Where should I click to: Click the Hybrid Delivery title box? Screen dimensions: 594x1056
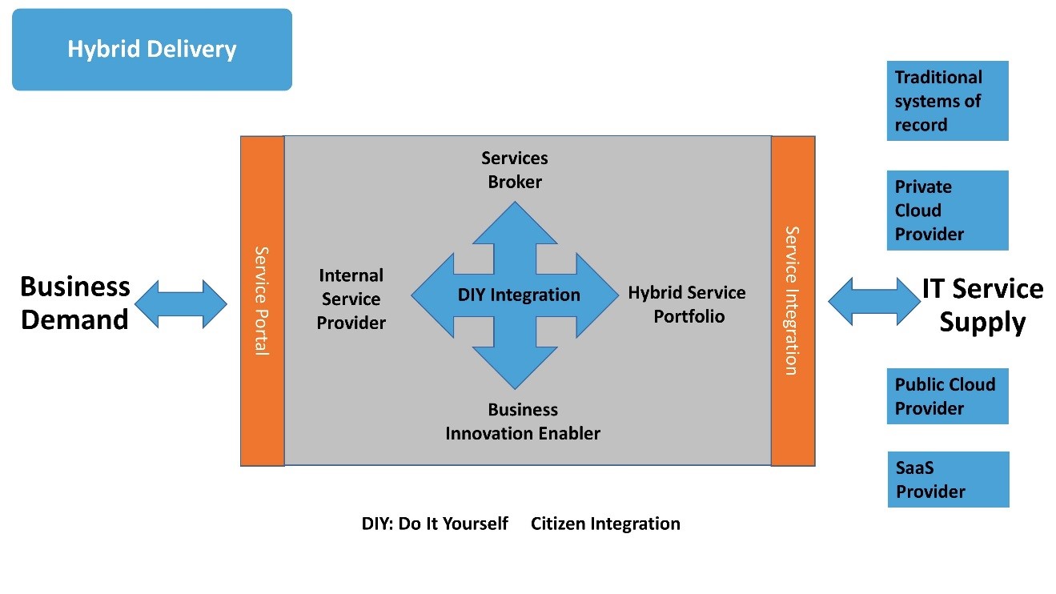coord(152,50)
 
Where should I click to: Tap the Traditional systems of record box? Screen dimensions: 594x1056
coord(947,101)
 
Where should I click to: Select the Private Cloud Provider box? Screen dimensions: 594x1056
coord(947,211)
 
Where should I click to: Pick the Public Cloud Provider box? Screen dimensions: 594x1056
coord(947,396)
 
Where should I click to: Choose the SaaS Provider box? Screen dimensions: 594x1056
coord(948,480)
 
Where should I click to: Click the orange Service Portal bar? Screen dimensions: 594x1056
coord(263,300)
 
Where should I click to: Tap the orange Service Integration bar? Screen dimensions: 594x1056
coord(793,300)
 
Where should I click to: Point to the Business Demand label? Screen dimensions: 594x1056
coord(74,303)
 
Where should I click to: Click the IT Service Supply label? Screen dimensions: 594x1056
coord(982,305)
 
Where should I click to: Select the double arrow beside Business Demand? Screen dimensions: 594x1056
coord(181,303)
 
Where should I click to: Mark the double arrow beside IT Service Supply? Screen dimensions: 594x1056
coord(874,301)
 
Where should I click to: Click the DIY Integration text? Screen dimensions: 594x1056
coord(519,295)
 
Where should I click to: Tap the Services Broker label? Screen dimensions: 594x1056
coord(515,170)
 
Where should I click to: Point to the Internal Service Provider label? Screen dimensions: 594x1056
coord(351,299)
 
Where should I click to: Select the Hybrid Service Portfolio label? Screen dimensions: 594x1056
coord(687,304)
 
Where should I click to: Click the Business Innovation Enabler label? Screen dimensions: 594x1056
coord(523,421)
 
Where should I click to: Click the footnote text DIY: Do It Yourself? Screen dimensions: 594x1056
coord(435,524)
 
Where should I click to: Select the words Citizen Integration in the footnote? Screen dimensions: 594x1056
coord(605,524)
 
